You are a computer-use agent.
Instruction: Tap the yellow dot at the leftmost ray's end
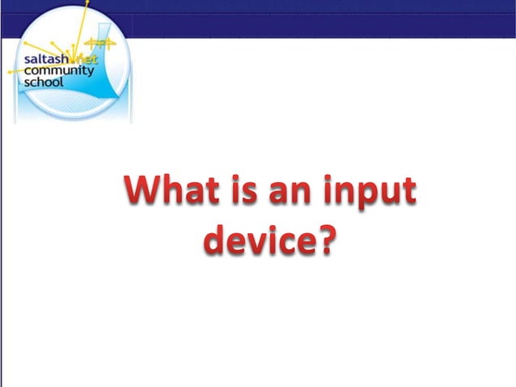click(10, 72)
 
